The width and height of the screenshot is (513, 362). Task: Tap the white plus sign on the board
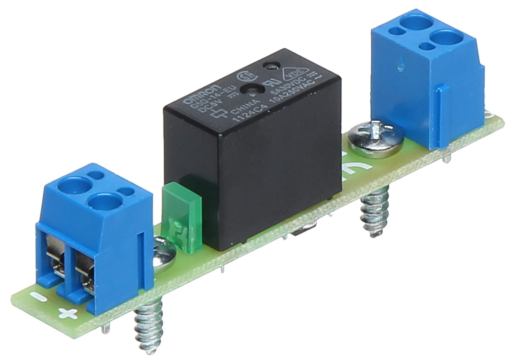(x=68, y=313)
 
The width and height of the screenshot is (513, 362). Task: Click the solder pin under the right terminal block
(x=446, y=159)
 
